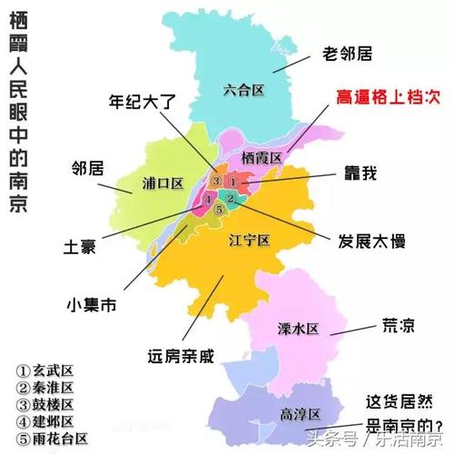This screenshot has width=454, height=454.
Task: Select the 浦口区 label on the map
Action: point(163,183)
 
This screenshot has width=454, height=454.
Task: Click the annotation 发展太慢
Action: point(368,242)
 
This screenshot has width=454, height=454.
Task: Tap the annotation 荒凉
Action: point(396,324)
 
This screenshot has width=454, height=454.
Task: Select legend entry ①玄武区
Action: point(44,371)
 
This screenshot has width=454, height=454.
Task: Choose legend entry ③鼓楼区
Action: point(44,405)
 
